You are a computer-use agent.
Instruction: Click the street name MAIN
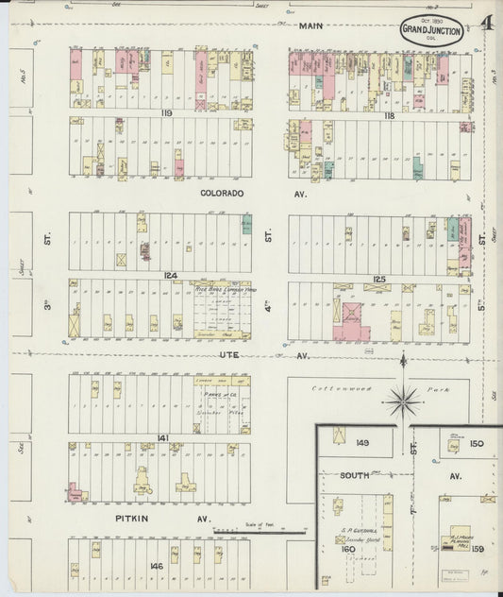click(x=311, y=26)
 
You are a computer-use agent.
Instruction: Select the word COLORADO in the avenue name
click(x=222, y=193)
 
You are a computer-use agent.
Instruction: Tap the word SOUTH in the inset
click(x=355, y=475)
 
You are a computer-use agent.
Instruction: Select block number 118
click(x=388, y=113)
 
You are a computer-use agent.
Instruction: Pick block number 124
click(x=170, y=276)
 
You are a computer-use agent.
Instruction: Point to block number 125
click(x=379, y=279)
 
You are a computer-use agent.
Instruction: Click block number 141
click(x=162, y=438)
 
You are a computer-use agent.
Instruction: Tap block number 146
click(x=156, y=567)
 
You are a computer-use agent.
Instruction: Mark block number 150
click(x=477, y=443)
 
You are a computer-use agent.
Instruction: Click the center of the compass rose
click(x=404, y=402)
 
